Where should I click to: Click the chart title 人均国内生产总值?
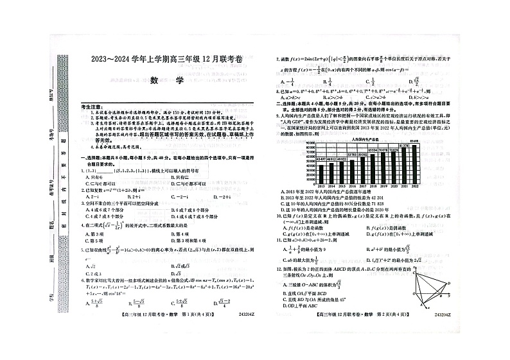click(x=364, y=139)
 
